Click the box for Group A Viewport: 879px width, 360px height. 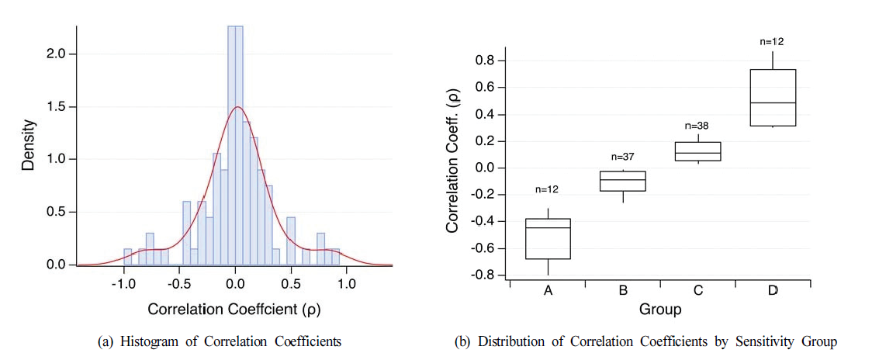click(x=549, y=239)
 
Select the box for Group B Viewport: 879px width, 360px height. click(x=623, y=181)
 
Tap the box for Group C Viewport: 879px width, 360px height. click(x=698, y=151)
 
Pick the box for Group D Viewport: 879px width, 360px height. click(x=773, y=98)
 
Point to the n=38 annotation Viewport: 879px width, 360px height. click(x=698, y=126)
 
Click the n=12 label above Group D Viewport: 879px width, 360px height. click(x=773, y=41)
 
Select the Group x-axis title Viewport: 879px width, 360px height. click(x=660, y=310)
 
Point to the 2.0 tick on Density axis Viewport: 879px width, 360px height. click(x=56, y=54)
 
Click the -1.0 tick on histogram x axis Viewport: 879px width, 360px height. click(x=123, y=284)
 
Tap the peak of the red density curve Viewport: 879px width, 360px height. click(x=237, y=107)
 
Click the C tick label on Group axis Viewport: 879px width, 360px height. click(x=698, y=290)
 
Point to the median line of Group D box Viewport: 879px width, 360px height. click(x=773, y=102)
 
